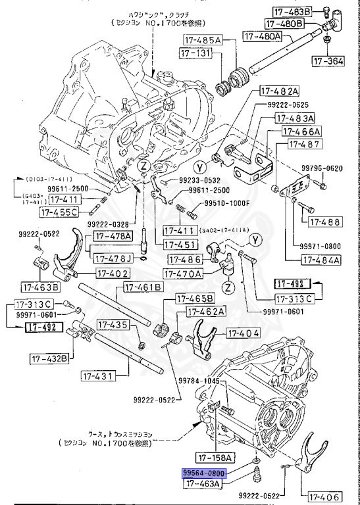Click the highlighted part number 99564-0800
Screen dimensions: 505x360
point(205,473)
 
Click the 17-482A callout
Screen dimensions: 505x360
point(279,91)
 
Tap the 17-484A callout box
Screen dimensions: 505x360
point(321,260)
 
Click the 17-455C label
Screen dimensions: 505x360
point(59,212)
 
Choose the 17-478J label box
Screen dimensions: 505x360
point(113,257)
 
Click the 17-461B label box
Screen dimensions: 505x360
point(143,287)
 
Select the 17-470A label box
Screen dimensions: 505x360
point(184,273)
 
